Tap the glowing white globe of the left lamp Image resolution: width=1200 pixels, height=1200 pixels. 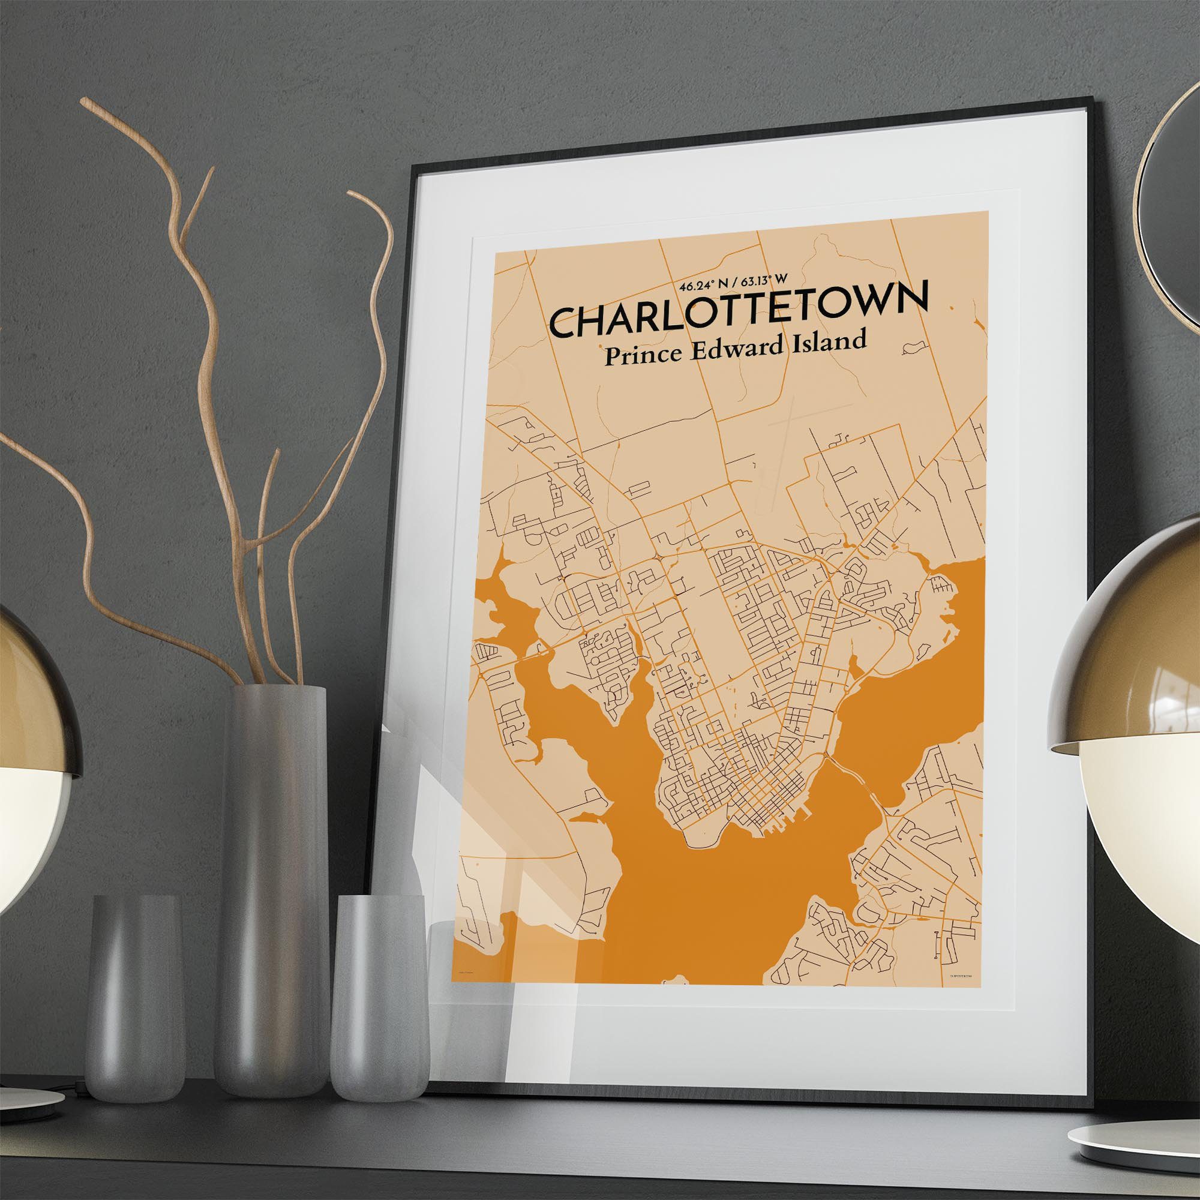point(25,826)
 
